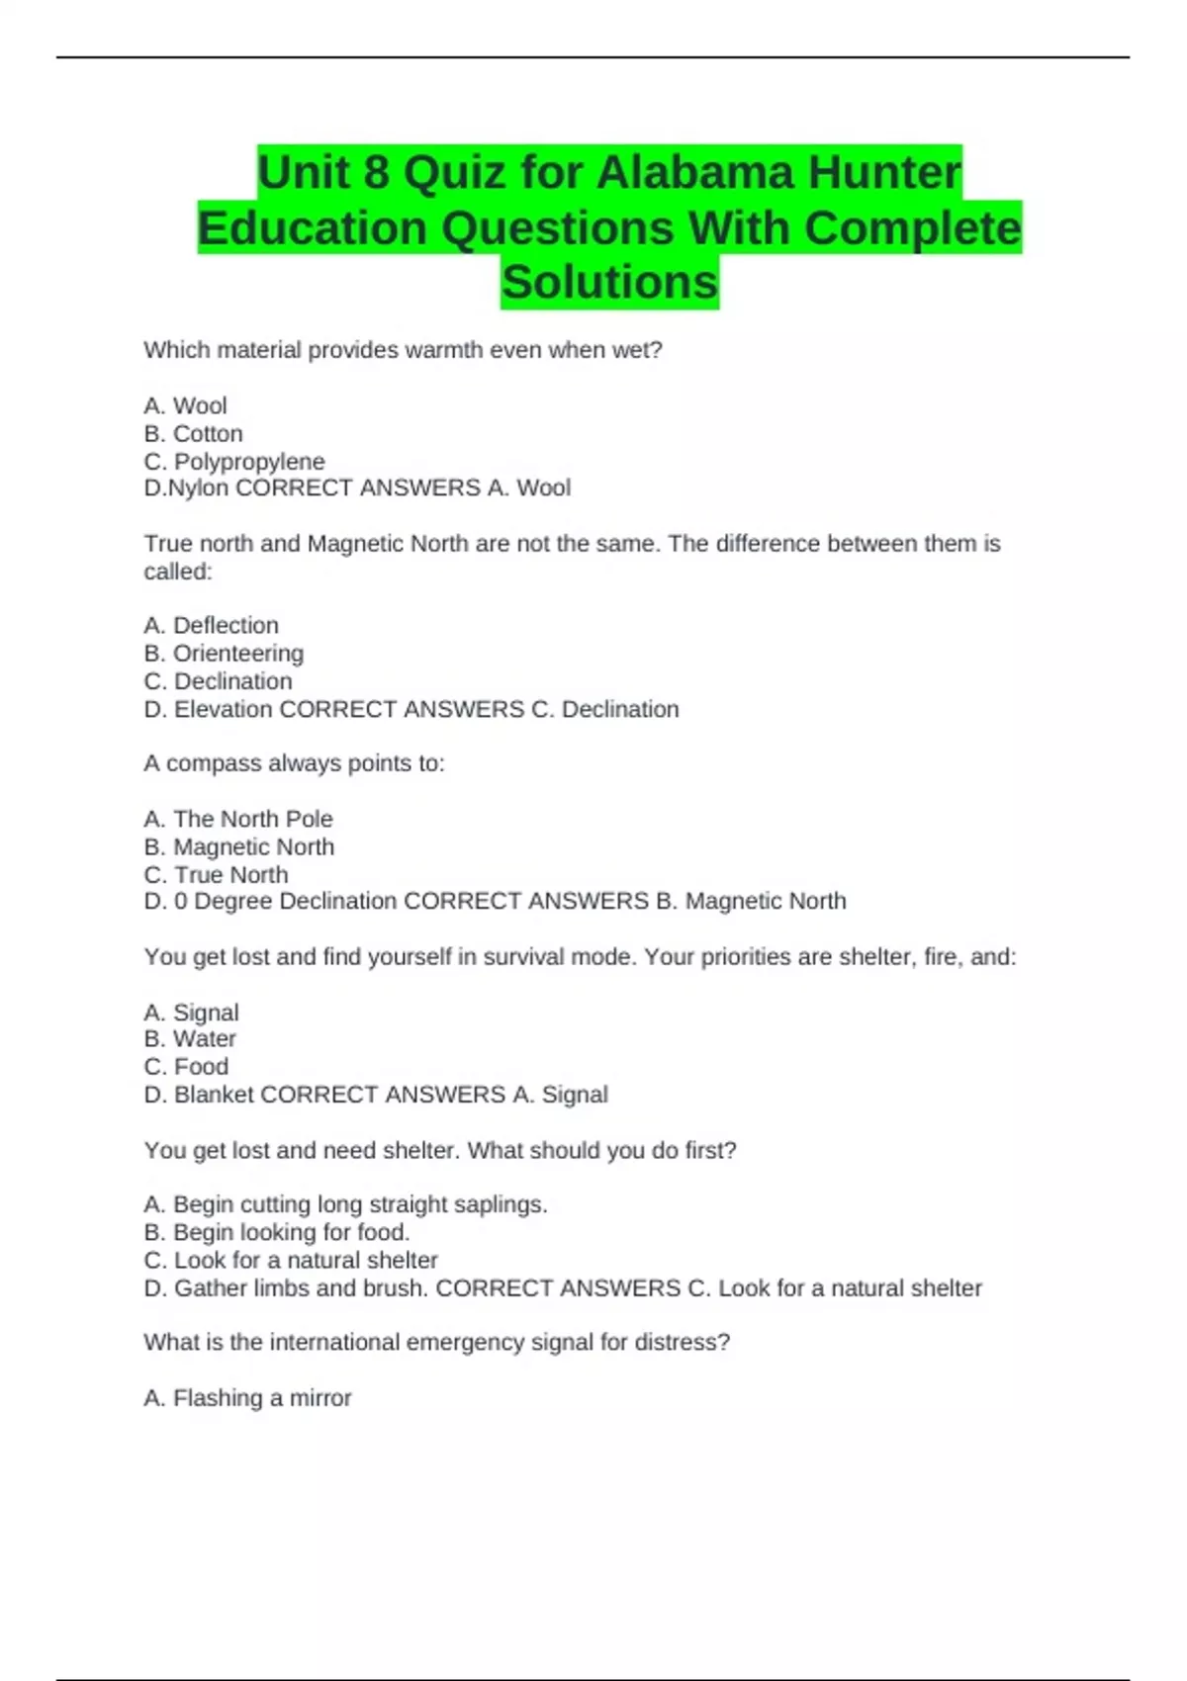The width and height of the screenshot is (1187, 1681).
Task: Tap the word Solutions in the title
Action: click(x=609, y=282)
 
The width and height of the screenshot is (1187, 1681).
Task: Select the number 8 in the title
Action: click(x=376, y=173)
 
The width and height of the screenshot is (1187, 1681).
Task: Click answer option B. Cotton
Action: click(x=193, y=434)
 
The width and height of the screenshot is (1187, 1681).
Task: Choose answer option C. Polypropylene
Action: click(x=234, y=462)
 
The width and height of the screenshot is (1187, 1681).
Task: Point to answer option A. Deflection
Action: click(x=211, y=626)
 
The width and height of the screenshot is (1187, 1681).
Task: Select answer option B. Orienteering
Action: click(x=224, y=654)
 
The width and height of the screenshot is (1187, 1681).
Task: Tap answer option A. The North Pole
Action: click(x=238, y=820)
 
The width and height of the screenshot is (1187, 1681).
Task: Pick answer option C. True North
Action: click(x=216, y=875)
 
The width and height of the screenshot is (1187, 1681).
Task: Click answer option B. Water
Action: click(x=190, y=1039)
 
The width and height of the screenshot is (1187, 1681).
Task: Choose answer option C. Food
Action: click(x=186, y=1067)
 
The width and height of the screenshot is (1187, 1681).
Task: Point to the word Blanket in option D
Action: click(x=214, y=1096)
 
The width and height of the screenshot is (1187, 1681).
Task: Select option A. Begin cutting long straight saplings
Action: click(x=345, y=1205)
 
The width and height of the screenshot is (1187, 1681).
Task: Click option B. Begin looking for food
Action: click(x=276, y=1233)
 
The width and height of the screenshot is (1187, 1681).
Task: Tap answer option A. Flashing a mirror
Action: click(x=247, y=1398)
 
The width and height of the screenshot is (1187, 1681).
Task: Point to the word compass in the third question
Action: click(x=209, y=764)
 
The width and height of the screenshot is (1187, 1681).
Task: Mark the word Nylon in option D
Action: click(x=199, y=488)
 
